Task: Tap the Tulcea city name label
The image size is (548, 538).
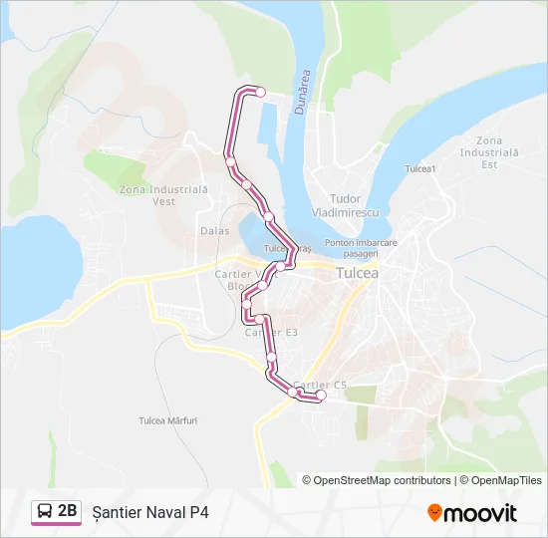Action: coord(357,272)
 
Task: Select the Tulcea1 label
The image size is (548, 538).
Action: coord(420,168)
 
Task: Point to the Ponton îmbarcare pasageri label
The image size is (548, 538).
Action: coord(361,248)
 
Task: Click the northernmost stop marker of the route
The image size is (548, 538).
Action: coord(261,92)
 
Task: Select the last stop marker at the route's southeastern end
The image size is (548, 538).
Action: coord(321,397)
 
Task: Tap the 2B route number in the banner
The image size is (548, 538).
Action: coord(68,512)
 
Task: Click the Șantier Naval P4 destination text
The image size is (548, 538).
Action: coord(149,513)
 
